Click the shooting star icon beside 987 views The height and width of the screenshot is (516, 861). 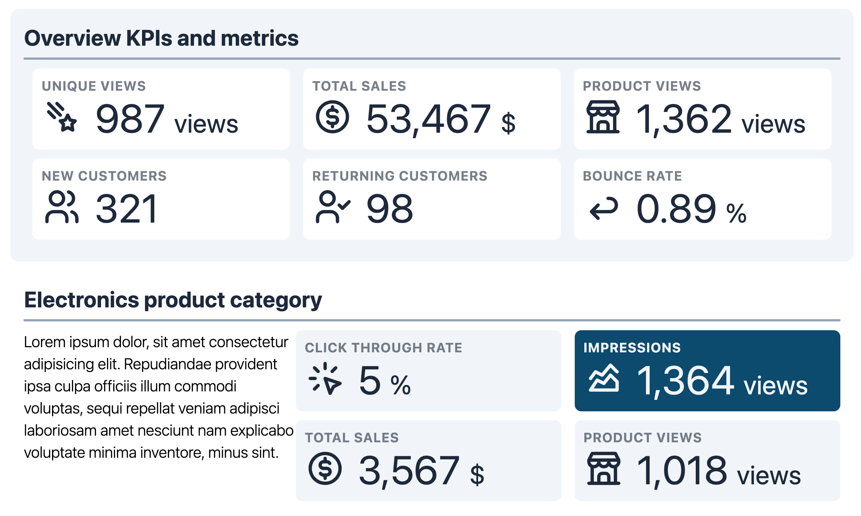point(62,117)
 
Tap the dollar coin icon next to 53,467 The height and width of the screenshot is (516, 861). point(332,117)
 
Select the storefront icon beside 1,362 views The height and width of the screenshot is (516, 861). point(603,117)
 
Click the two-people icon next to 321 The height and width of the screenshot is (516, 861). point(62,207)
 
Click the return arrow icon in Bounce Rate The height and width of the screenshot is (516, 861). point(604,208)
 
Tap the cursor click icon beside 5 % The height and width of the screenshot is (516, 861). point(325,379)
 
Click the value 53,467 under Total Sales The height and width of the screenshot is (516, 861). point(428,119)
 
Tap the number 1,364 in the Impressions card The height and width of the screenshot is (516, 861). point(685,380)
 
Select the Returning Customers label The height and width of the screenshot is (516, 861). point(400,176)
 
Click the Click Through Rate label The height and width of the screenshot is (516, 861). point(383,348)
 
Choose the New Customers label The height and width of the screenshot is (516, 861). point(104,176)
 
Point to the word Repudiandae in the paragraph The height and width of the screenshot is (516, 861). point(167,364)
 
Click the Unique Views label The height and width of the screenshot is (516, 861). point(94,86)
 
